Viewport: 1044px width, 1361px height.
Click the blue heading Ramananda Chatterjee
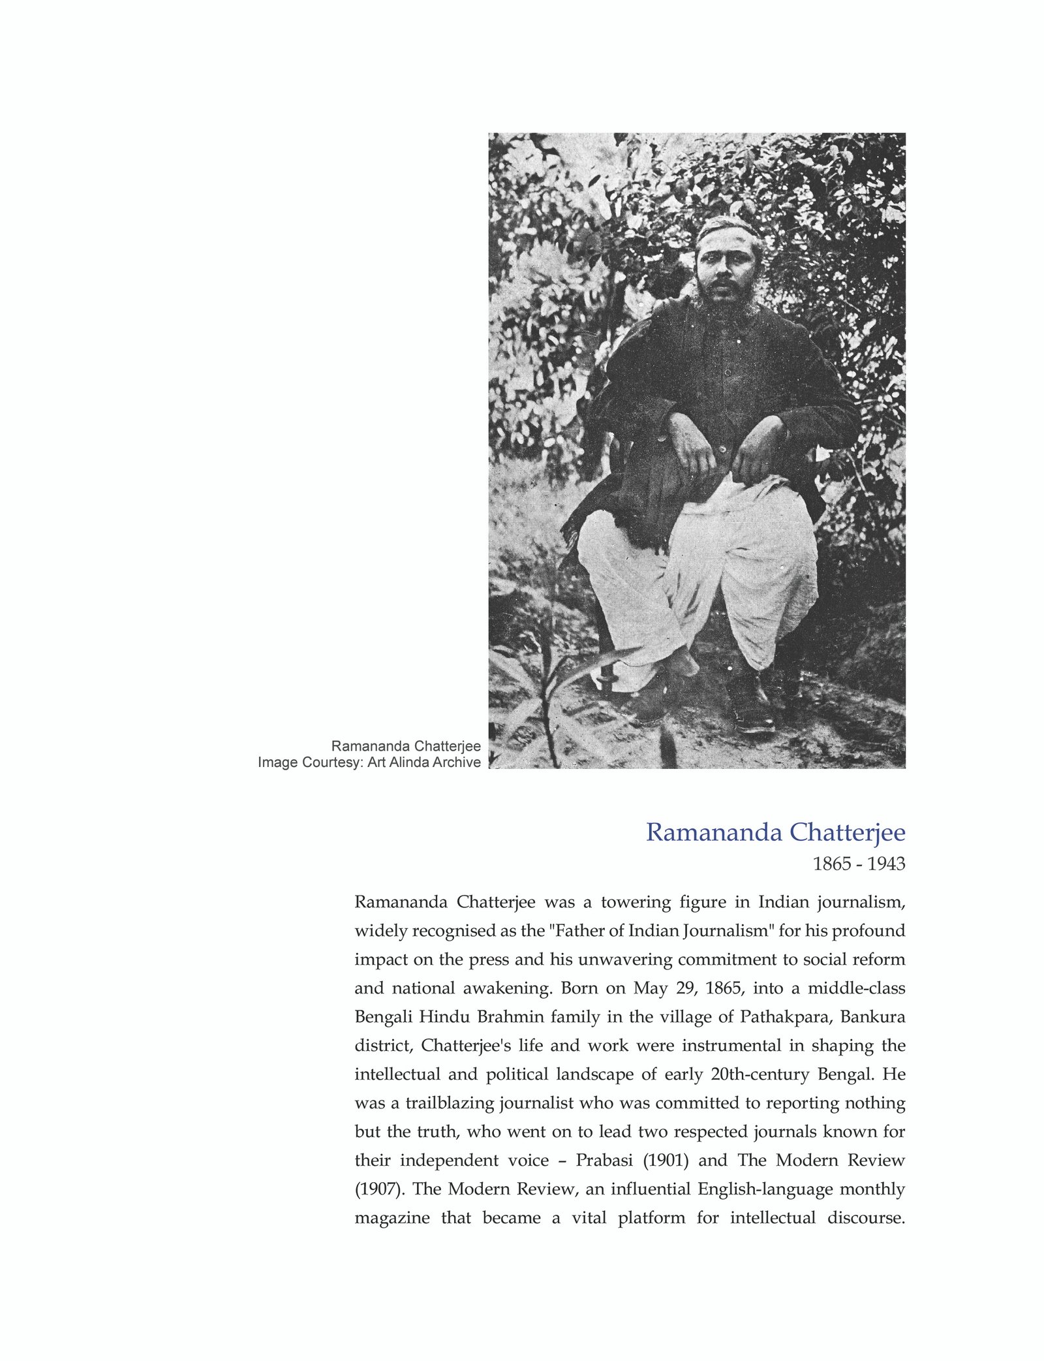(775, 833)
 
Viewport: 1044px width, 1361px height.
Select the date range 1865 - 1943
(859, 864)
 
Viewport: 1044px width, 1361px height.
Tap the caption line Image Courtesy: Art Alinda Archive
(369, 762)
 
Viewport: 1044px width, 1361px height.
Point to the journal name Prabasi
(604, 1161)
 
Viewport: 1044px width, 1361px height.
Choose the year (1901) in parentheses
(666, 1161)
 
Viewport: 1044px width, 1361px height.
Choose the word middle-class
(856, 988)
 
